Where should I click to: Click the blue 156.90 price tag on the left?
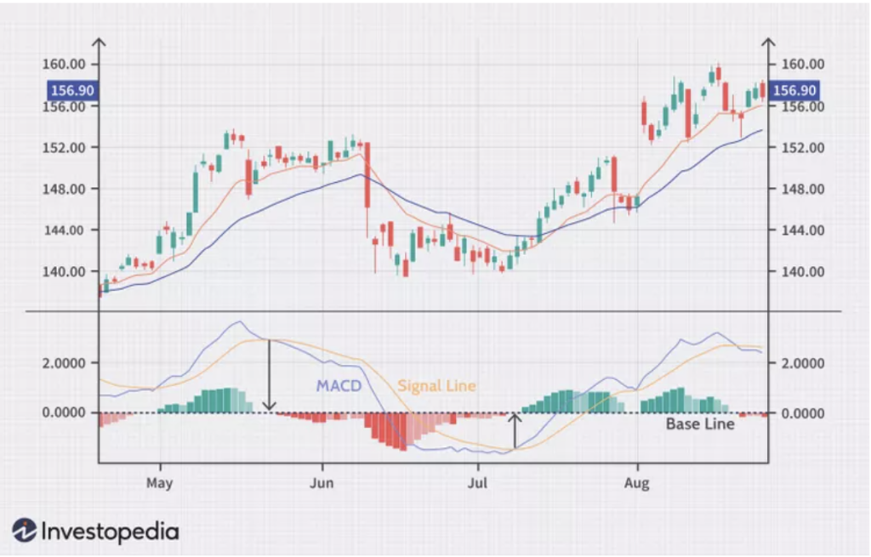point(71,90)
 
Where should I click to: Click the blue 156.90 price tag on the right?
point(795,90)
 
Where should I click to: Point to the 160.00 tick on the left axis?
point(65,65)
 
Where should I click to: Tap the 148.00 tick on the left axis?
point(65,189)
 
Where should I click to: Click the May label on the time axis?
point(159,484)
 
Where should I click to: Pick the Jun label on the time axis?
point(322,484)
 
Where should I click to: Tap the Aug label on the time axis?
point(636,484)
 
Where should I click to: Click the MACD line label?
point(339,386)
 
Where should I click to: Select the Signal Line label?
point(436,386)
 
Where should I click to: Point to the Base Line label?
point(699,423)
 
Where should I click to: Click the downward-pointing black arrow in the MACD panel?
point(270,374)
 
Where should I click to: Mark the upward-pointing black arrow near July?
point(514,430)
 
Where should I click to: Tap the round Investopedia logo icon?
point(24,531)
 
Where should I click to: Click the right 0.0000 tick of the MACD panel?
point(802,413)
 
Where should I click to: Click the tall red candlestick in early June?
point(367,174)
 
